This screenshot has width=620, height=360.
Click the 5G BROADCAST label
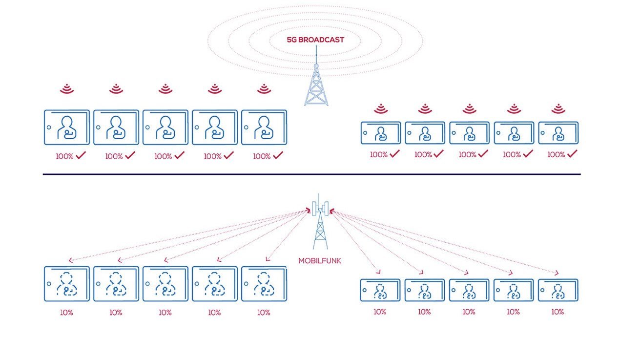(x=315, y=40)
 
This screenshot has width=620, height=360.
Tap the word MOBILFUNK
(x=320, y=261)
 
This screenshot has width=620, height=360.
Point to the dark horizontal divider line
(x=311, y=174)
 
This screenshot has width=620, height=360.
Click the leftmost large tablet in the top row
(x=67, y=127)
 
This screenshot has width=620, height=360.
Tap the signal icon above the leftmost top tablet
(x=67, y=89)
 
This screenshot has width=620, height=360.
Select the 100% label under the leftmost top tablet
(x=65, y=156)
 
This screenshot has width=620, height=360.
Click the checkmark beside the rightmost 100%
(x=572, y=154)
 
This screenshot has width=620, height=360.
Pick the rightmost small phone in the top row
(x=558, y=133)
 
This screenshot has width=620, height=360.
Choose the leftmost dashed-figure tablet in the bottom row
(x=67, y=284)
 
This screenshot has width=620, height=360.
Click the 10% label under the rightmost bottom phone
(x=558, y=312)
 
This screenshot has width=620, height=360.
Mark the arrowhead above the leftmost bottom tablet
(x=71, y=260)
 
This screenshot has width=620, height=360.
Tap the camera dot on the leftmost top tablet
(x=48, y=127)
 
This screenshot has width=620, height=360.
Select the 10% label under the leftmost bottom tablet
(x=67, y=313)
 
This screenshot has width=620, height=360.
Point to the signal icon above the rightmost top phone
(x=558, y=108)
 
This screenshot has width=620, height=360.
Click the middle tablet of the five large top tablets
(x=165, y=127)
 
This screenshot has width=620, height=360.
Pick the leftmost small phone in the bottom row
(x=380, y=290)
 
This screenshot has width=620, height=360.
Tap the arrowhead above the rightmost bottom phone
(x=556, y=273)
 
